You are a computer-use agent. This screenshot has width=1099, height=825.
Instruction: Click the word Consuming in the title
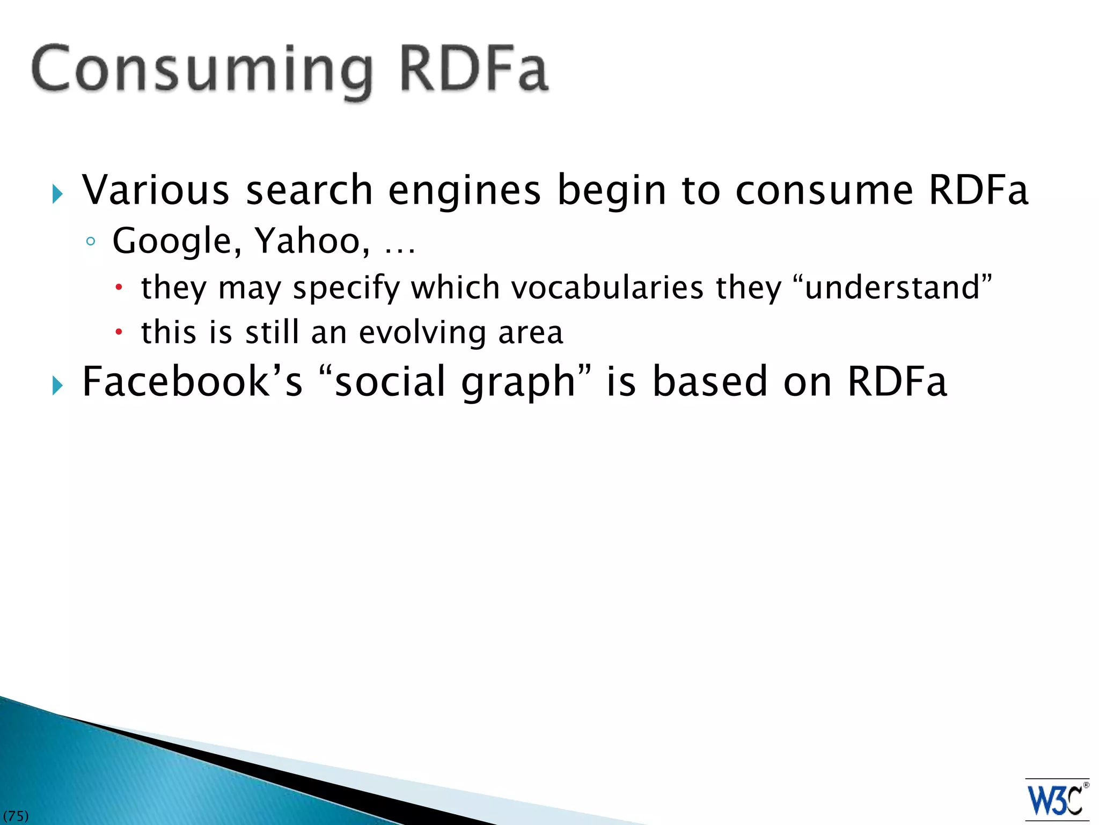tap(202, 70)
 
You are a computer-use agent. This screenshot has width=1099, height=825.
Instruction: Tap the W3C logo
tap(1056, 800)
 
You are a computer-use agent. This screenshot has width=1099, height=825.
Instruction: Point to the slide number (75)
tap(16, 816)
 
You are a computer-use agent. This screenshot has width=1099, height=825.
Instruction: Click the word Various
tap(156, 190)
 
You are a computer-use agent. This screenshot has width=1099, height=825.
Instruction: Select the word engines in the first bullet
tap(464, 191)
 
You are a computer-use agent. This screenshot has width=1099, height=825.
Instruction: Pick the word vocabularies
tap(607, 287)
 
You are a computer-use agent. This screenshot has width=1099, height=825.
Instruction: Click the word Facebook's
tap(192, 382)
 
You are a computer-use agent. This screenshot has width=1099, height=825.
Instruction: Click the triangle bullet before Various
tap(58, 194)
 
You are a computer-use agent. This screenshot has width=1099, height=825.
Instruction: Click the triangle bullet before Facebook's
tap(58, 385)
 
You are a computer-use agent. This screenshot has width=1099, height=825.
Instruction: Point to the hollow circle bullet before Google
tap(91, 242)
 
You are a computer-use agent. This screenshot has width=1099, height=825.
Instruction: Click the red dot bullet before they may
tap(119, 287)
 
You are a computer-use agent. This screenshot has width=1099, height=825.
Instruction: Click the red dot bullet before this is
tap(119, 332)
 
